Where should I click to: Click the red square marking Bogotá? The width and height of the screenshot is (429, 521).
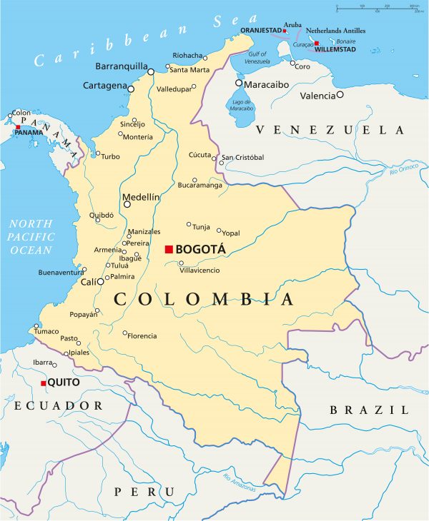[x=169, y=249]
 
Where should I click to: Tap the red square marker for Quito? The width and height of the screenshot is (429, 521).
[x=44, y=383]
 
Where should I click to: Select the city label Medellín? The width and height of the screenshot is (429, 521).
[x=140, y=196]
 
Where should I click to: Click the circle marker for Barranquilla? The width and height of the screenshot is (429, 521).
[x=151, y=71]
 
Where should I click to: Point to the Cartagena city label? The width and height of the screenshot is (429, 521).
[x=104, y=86]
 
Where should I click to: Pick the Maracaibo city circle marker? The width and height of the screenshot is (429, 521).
[x=239, y=84]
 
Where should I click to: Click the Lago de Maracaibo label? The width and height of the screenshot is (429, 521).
[x=243, y=104]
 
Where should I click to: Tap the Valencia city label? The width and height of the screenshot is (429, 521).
[x=317, y=96]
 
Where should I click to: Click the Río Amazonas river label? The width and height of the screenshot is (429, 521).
[x=240, y=482]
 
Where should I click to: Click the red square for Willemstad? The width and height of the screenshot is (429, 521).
[x=316, y=44]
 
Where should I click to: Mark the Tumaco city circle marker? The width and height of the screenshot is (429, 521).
[x=36, y=327]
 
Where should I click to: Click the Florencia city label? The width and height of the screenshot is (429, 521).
[x=142, y=335]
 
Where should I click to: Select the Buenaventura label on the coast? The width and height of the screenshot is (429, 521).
[x=60, y=273]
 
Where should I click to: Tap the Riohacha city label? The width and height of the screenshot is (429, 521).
[x=188, y=55]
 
